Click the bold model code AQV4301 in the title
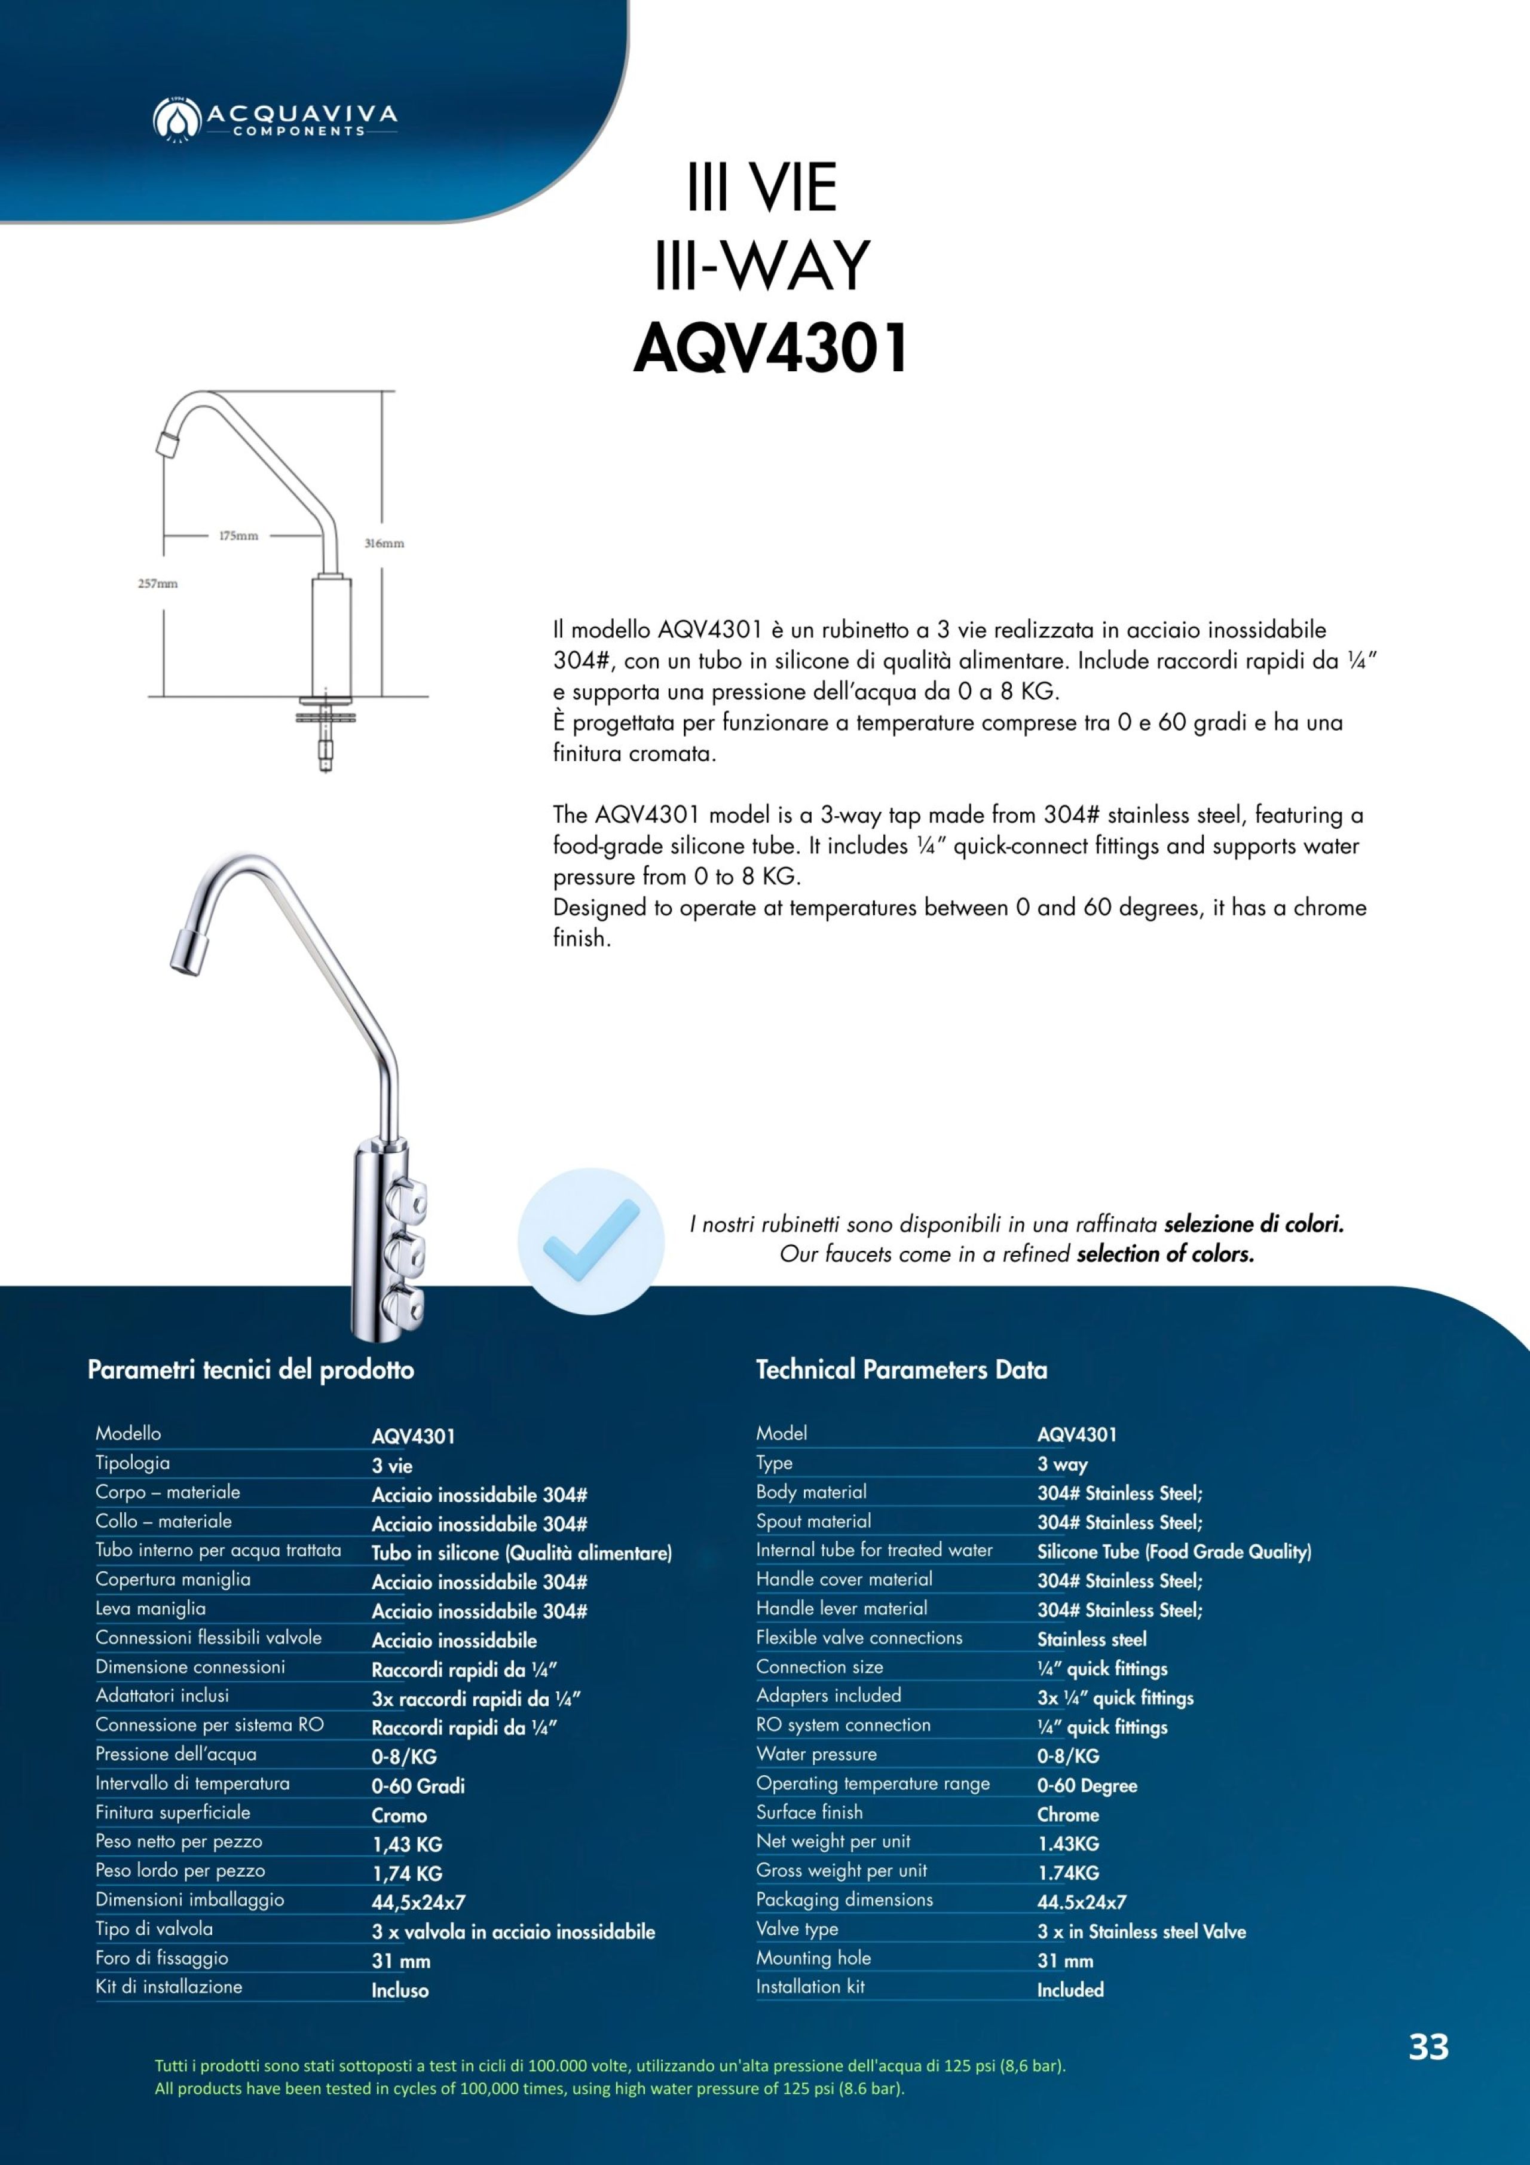pyautogui.click(x=770, y=348)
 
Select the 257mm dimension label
pyautogui.click(x=158, y=584)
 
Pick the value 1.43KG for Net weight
pyautogui.click(x=1068, y=1843)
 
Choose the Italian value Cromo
pyautogui.click(x=399, y=1815)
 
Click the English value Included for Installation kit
pyautogui.click(x=1070, y=1990)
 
